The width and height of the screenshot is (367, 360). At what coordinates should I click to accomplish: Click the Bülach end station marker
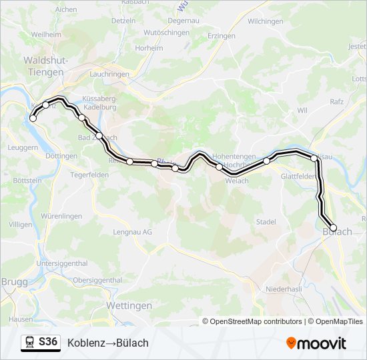coord(334,228)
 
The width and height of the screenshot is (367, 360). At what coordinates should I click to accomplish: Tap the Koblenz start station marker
coord(33,119)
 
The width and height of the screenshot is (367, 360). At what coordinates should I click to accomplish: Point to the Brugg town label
coord(14,282)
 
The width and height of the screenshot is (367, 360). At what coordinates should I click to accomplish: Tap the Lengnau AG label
coord(133,232)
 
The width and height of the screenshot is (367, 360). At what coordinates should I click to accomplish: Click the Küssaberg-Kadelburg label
coord(99,102)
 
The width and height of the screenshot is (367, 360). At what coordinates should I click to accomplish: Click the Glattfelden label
coord(298,177)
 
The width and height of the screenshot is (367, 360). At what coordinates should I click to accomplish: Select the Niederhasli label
coord(284,289)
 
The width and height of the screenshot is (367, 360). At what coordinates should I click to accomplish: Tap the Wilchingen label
coord(265,21)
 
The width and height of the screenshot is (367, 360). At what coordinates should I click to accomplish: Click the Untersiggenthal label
coord(62,263)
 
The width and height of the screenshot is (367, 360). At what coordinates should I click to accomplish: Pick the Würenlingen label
coord(61,216)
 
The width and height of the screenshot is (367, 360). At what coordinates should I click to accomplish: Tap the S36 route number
coord(48,342)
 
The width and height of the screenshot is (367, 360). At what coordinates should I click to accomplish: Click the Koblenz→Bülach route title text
coord(108,343)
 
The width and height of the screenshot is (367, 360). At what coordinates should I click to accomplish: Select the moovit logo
coord(316,343)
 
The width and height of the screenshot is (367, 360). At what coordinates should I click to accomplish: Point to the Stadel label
coord(266,221)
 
